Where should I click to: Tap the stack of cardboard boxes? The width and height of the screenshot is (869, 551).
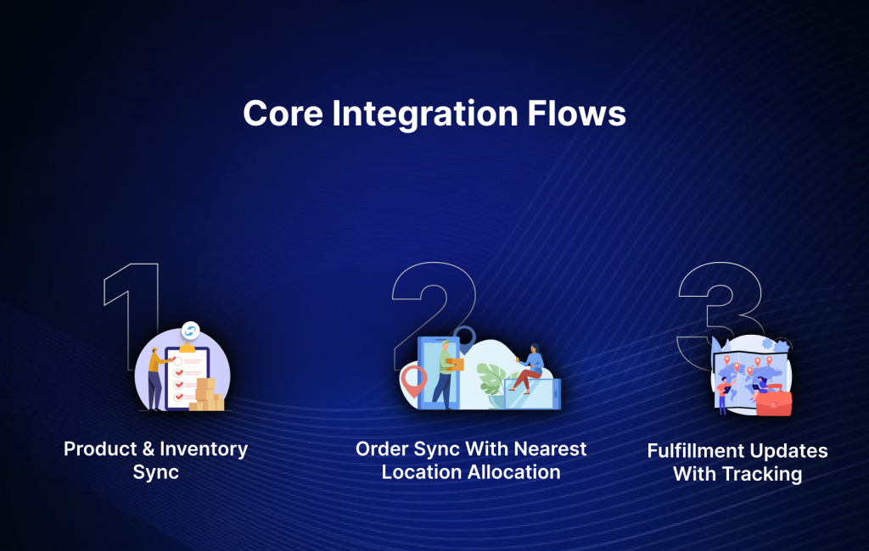(207, 396)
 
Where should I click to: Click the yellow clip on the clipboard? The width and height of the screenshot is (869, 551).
(186, 346)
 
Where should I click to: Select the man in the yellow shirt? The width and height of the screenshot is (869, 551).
(157, 377)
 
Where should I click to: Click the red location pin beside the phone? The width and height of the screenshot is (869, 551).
(412, 381)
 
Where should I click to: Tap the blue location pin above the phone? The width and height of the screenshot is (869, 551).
(463, 337)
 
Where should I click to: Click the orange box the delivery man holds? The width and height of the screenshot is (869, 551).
(456, 365)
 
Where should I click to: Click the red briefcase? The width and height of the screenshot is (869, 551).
(773, 402)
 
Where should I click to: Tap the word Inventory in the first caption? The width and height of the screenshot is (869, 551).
(203, 448)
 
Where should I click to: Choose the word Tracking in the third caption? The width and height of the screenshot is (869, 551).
(761, 474)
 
